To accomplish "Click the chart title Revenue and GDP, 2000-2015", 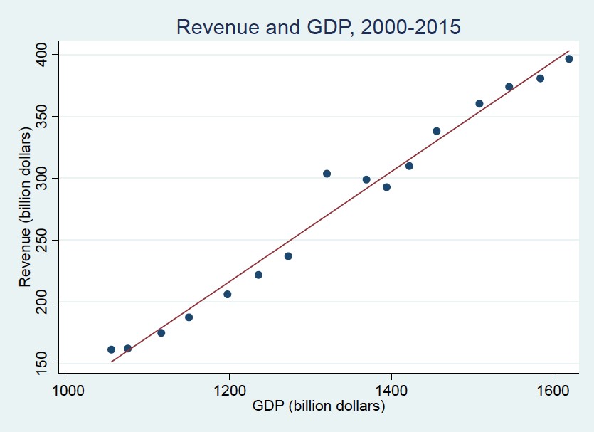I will click(318, 27).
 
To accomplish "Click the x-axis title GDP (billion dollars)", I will click(318, 406).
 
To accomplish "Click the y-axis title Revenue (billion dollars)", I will click(26, 209).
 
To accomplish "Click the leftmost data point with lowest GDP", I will click(111, 349).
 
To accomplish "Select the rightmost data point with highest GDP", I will click(568, 59).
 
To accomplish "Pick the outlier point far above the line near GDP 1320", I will click(327, 174).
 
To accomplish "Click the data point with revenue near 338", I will click(437, 131).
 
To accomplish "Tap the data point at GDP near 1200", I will click(228, 294).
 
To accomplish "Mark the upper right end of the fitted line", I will click(569, 51).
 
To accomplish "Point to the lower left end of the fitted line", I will click(111, 362).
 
